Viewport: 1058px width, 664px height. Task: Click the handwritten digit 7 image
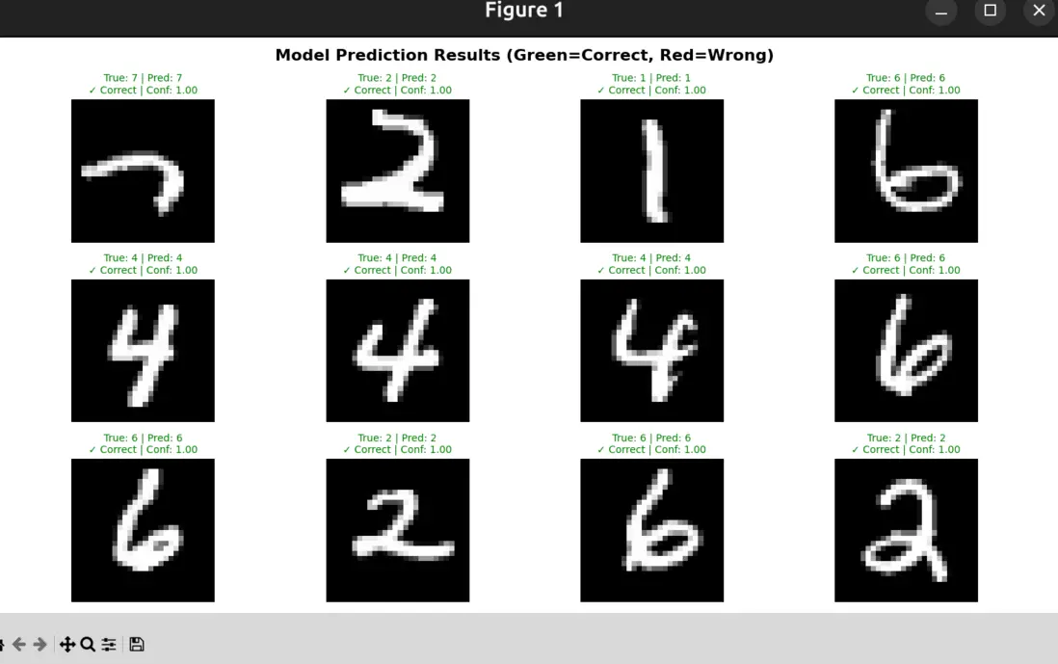[143, 171]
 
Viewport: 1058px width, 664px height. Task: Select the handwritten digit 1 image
[651, 171]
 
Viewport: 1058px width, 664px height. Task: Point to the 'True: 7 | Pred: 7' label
[143, 78]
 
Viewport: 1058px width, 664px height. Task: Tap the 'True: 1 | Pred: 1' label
[651, 78]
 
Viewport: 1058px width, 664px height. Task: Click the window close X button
[1039, 11]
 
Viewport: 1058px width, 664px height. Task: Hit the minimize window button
[941, 11]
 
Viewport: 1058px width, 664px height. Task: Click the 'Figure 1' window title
[524, 11]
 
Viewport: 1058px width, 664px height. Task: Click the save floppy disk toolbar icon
[137, 645]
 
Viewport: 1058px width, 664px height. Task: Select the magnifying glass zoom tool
[88, 645]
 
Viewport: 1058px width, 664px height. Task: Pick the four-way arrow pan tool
[66, 645]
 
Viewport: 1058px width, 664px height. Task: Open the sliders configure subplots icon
[109, 645]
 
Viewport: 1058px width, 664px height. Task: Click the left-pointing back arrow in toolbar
[19, 645]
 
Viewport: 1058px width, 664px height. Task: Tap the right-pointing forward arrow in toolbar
[40, 645]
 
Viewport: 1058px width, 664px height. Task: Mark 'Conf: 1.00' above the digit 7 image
[172, 91]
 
